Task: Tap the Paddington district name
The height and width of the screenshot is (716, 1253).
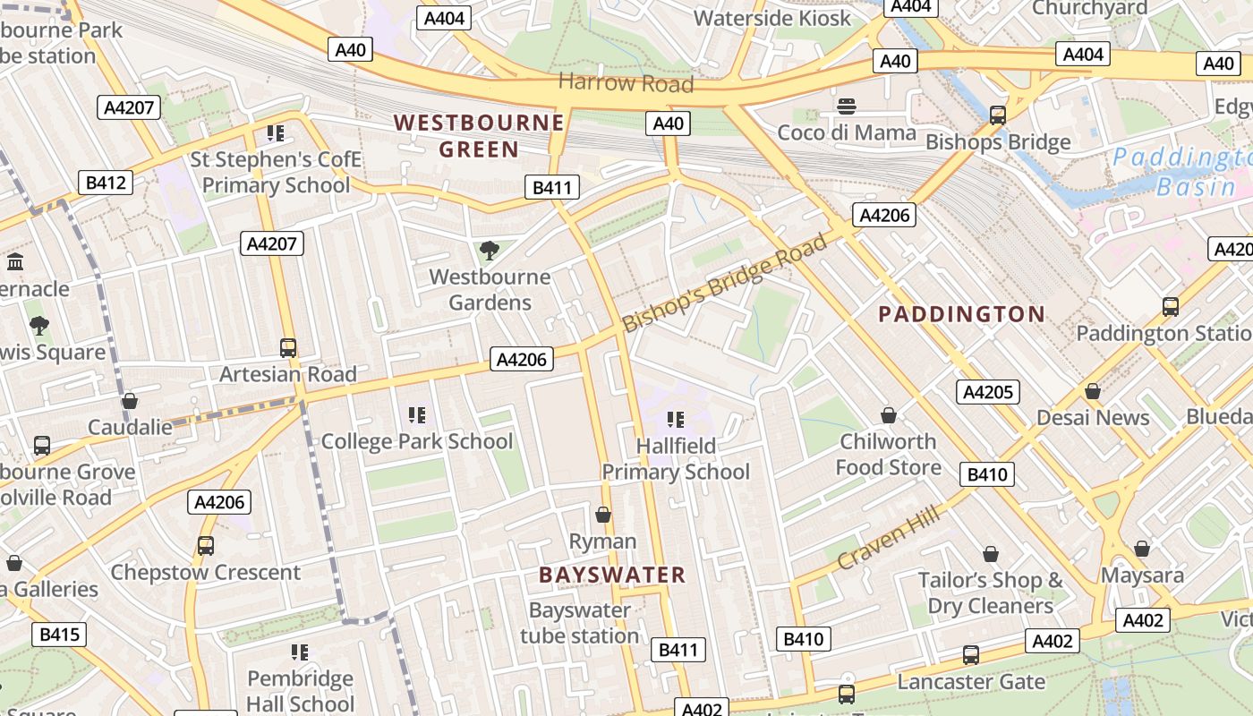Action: click(961, 314)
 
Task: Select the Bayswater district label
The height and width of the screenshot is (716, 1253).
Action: click(612, 575)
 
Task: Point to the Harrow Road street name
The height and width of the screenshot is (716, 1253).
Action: click(626, 83)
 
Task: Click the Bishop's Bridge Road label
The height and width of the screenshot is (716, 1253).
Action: click(726, 282)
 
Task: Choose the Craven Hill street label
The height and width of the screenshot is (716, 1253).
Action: click(889, 537)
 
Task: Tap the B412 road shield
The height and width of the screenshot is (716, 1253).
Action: click(106, 183)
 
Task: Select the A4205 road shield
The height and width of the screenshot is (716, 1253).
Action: click(988, 392)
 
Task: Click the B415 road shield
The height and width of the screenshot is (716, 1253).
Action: click(60, 635)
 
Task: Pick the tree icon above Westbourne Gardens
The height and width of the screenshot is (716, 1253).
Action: click(489, 250)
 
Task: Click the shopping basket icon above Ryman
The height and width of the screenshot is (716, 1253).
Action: click(603, 515)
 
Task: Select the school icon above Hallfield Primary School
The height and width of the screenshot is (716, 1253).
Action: click(676, 419)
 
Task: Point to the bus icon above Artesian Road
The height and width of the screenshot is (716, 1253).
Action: click(288, 347)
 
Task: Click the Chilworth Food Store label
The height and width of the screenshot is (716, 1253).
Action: click(888, 454)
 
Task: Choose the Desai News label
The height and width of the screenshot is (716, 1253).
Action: click(1092, 418)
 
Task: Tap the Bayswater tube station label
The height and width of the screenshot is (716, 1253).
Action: click(580, 623)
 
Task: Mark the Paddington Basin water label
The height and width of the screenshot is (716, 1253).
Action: click(1181, 172)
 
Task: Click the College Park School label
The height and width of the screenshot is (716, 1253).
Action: click(417, 441)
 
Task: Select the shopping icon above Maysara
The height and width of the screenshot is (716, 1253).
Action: click(1142, 548)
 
